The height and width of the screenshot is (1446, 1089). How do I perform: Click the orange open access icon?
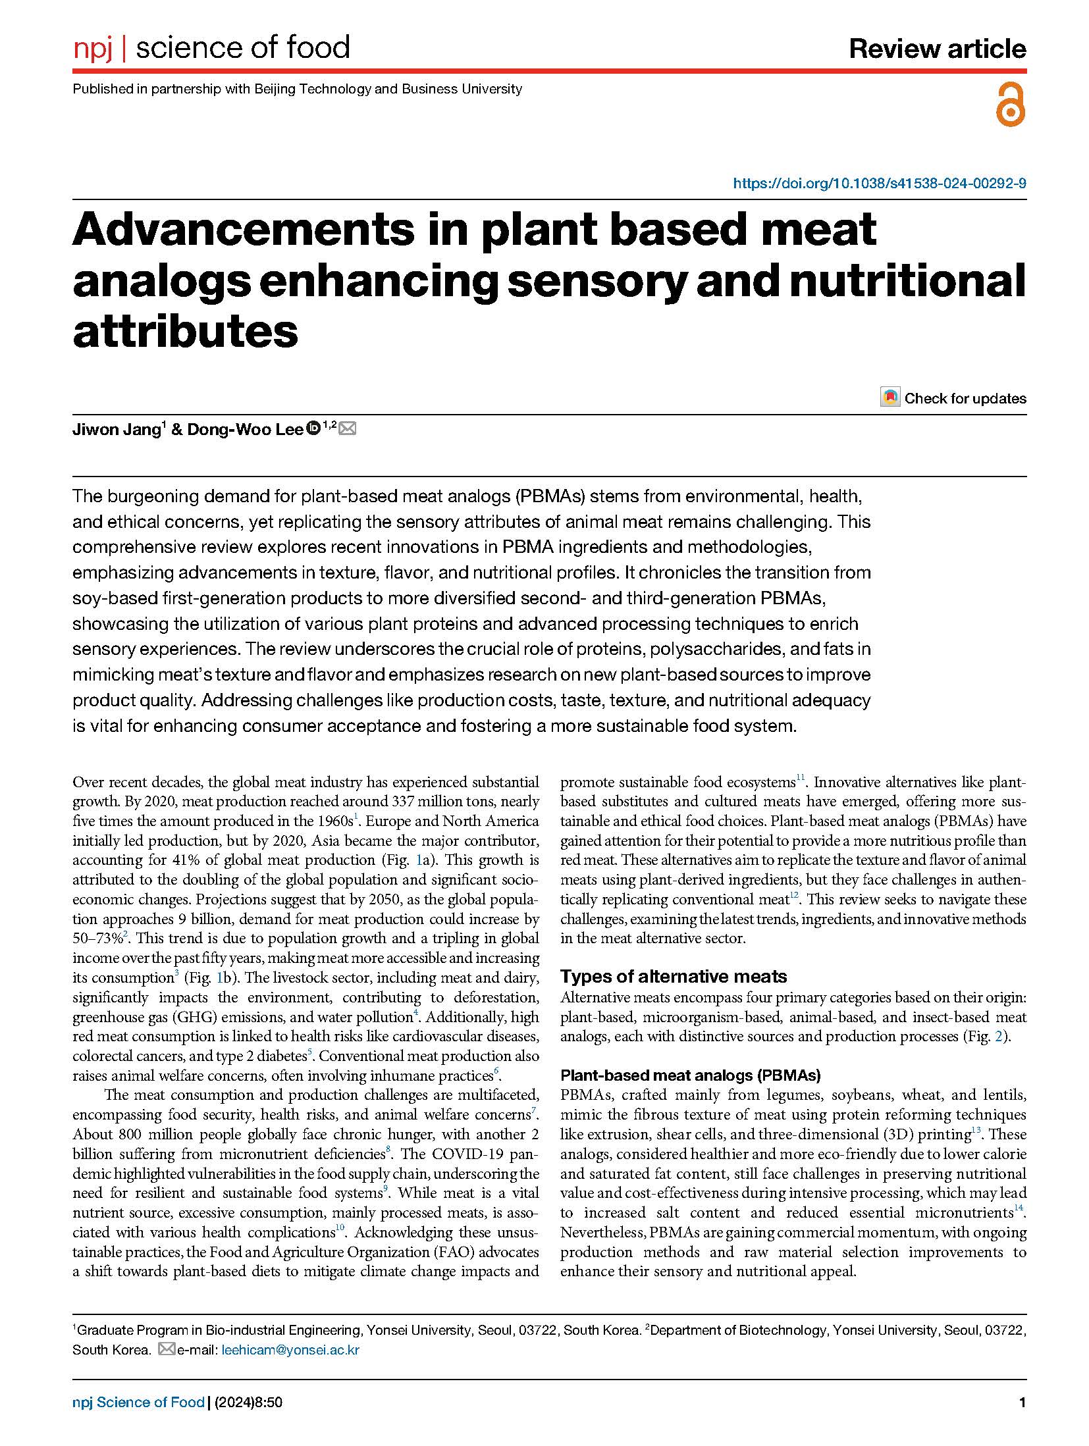(x=1010, y=105)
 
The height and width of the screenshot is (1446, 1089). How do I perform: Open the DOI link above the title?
(x=879, y=184)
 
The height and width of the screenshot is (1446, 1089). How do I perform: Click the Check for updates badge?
(x=953, y=398)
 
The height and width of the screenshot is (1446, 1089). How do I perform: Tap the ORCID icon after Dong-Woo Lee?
(x=313, y=428)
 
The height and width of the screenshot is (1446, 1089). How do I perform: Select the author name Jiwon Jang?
(x=115, y=430)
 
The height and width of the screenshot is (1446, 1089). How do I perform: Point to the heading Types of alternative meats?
(x=673, y=976)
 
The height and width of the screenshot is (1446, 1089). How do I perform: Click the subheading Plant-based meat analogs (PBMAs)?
(x=690, y=1075)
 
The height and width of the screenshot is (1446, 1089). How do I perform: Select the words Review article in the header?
(x=937, y=49)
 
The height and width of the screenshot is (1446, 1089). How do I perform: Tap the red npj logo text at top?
(x=93, y=49)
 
